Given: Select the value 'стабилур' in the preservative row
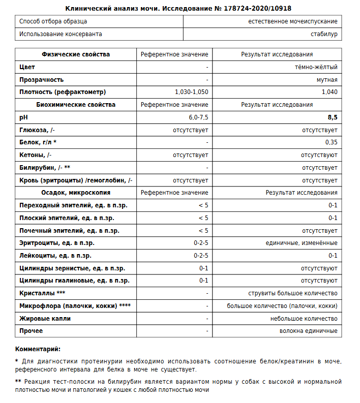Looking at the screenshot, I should tap(324, 34).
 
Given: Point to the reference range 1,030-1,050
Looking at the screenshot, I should tap(191, 92).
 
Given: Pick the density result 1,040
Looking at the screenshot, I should tap(329, 92).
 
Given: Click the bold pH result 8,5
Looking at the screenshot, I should tap(333, 117).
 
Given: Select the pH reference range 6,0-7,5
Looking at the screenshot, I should tap(198, 117).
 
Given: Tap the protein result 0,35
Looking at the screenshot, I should tap(331, 142).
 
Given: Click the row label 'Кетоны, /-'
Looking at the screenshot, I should tap(35, 155).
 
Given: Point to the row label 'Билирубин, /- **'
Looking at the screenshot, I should tap(44, 168).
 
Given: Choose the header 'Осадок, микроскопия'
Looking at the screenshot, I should tap(76, 193).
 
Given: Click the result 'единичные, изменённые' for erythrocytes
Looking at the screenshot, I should tap(302, 243).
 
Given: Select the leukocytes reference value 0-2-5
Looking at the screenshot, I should tap(201, 256).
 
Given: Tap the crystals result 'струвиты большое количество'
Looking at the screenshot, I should tap(292, 293).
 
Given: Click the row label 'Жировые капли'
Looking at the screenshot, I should tap(45, 319).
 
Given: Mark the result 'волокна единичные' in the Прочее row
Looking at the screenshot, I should tap(308, 331).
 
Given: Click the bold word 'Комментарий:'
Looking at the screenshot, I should tap(38, 349).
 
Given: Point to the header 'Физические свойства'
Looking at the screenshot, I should tap(76, 54).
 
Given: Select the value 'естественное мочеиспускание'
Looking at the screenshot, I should tap(293, 21).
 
